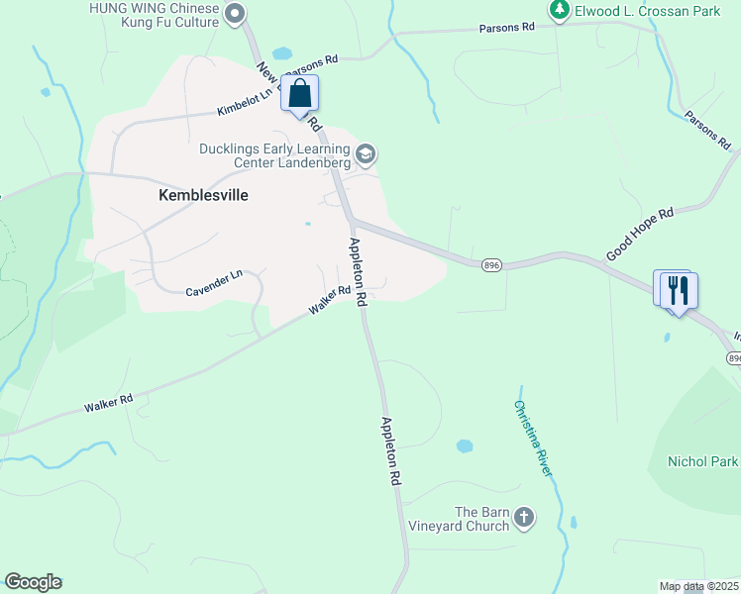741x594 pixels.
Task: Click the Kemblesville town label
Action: [203, 195]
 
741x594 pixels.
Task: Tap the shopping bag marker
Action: [300, 95]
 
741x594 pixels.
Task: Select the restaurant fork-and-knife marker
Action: [679, 290]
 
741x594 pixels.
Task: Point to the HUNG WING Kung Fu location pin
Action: [235, 13]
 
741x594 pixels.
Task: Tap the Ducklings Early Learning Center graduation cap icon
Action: [366, 153]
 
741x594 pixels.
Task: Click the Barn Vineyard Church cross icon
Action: [524, 517]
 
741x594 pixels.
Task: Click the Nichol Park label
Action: [703, 461]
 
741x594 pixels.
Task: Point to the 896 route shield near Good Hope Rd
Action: [491, 265]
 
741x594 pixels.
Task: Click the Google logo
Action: [33, 582]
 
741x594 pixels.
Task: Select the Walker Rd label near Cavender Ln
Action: [330, 299]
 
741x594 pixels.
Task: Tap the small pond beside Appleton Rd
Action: [465, 445]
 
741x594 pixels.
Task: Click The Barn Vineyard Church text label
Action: [482, 518]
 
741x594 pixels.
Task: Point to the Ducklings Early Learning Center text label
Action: [274, 155]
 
